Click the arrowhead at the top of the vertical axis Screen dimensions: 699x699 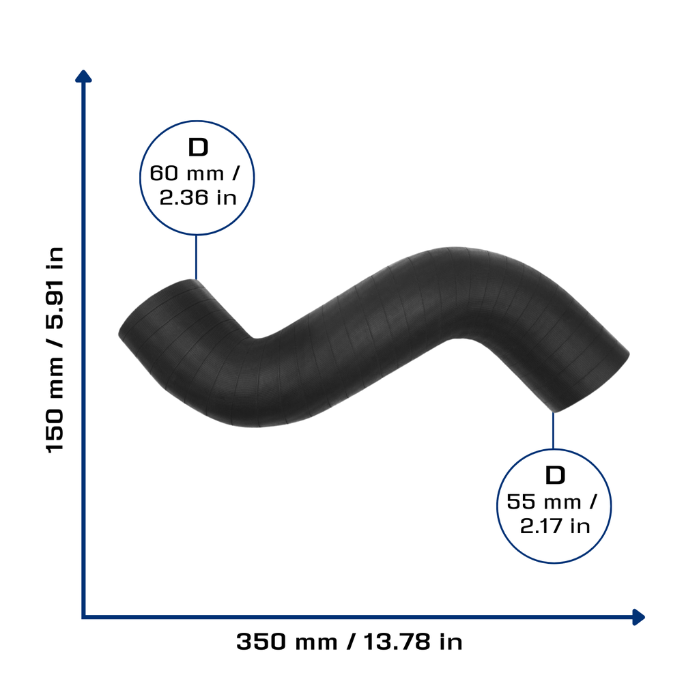83,76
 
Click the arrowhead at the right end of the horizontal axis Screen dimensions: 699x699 638,617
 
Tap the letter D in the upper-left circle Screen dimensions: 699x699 198,147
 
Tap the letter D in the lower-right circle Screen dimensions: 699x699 555,475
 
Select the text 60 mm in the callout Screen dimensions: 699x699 186,173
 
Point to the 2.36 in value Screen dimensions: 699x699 198,197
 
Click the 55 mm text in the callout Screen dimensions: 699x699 544,502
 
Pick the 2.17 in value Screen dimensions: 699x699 555,526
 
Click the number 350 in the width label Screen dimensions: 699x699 261,642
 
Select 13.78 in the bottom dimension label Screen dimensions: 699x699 397,642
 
